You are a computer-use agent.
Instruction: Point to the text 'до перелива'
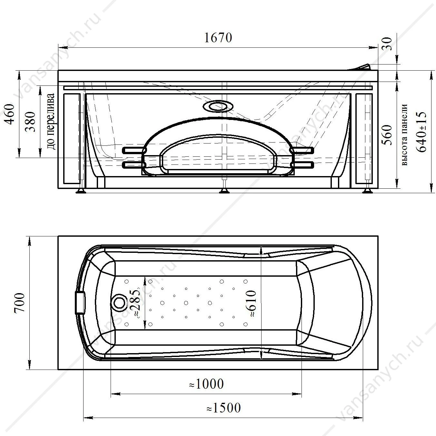coord(51,121)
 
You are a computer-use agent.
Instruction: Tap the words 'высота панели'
coord(404,135)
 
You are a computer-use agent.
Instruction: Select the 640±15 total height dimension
coord(421,132)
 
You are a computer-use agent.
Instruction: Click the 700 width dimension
coord(19,303)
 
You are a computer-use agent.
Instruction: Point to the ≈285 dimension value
coord(135,303)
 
